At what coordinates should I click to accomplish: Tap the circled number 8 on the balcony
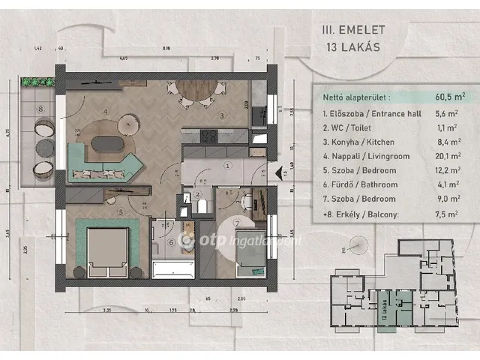click(x=42, y=109)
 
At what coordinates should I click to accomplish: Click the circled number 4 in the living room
click(x=106, y=112)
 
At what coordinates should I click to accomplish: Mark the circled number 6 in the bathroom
click(x=169, y=241)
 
